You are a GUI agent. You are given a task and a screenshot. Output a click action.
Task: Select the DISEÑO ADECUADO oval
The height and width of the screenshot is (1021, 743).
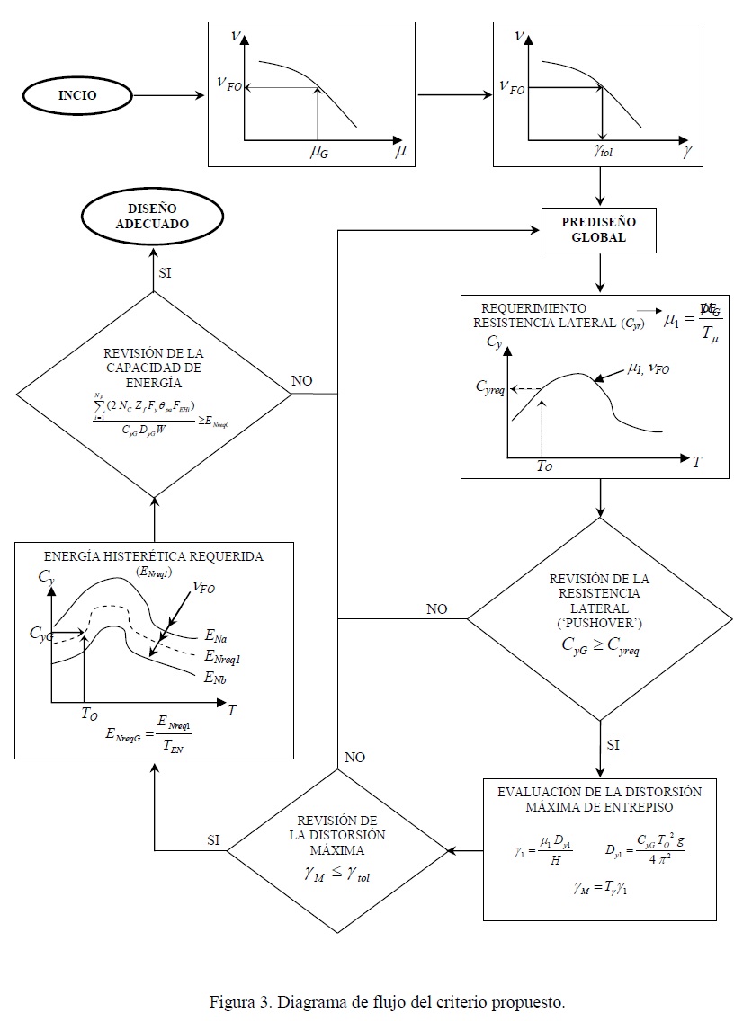153,217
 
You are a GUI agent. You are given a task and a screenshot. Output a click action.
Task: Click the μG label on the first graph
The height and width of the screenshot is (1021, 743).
318,154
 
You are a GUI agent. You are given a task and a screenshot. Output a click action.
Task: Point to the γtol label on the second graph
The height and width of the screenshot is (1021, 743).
603,153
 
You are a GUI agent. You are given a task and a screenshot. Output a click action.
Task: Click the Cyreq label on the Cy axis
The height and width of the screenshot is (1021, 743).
497,388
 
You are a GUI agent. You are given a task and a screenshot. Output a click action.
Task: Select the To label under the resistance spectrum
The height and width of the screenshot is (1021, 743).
545,467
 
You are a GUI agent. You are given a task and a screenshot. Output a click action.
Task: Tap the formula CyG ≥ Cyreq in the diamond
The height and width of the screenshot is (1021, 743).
600,644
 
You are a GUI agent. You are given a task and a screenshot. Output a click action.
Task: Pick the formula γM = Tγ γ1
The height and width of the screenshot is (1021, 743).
600,889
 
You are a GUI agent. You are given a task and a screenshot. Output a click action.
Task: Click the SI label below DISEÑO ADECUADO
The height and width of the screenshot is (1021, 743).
165,272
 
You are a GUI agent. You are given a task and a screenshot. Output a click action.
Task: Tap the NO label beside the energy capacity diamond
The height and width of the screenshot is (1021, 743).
303,381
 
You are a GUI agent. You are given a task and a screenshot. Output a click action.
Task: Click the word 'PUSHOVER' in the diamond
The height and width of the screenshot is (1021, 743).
600,621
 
